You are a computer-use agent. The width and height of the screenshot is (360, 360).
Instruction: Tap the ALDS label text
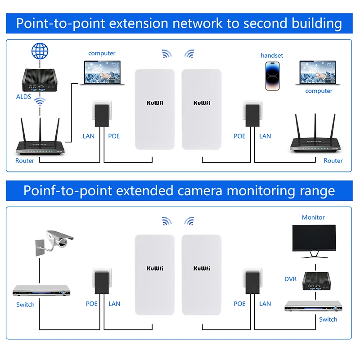23,96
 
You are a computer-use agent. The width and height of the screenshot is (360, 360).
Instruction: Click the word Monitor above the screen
313,217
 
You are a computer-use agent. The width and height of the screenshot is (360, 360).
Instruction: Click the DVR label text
291,279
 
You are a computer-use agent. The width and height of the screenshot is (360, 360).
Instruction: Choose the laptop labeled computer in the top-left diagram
102,72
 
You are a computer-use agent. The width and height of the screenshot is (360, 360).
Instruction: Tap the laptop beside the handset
318,72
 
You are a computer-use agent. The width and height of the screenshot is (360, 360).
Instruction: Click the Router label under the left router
25,161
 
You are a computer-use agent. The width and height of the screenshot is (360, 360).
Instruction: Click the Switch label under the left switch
25,305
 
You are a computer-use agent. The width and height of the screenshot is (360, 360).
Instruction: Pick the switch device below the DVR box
310,306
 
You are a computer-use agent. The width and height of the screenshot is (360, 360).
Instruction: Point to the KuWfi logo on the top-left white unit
155,103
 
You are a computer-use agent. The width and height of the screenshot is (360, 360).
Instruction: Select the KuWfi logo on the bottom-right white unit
202,268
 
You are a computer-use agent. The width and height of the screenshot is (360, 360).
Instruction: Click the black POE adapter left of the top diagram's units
102,115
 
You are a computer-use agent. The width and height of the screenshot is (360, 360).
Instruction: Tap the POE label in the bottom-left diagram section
92,304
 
